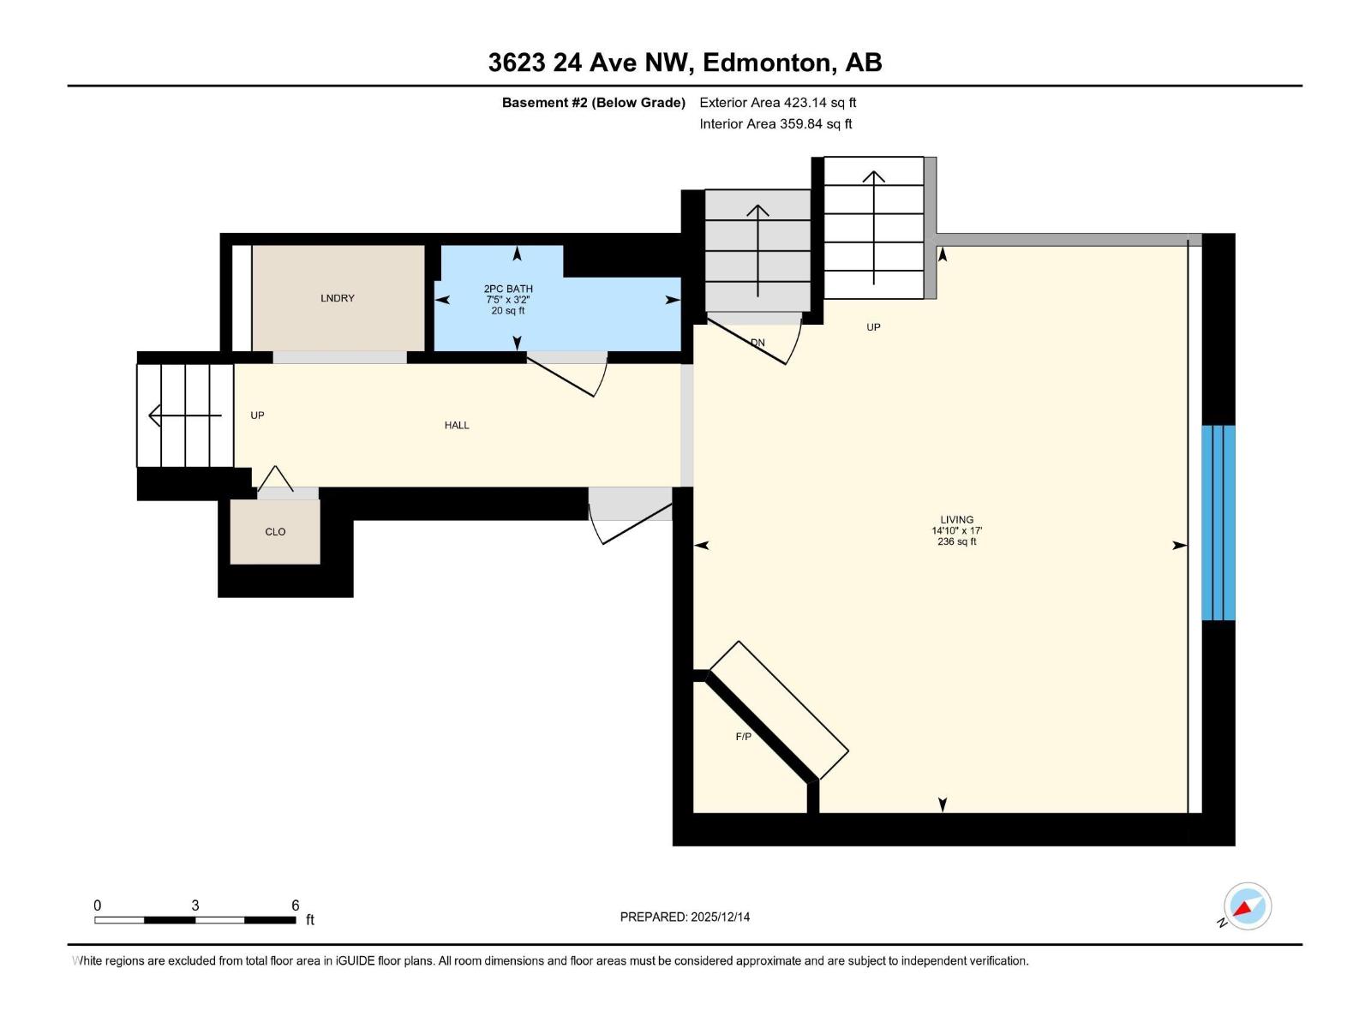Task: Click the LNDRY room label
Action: (x=337, y=298)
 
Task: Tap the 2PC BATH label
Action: (x=508, y=289)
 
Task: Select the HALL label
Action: (x=457, y=425)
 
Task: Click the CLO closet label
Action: (x=275, y=532)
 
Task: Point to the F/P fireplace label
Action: (x=743, y=737)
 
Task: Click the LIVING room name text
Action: (x=956, y=519)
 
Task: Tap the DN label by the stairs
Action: (x=757, y=343)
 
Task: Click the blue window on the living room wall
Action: (x=1218, y=523)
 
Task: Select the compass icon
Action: (x=1247, y=906)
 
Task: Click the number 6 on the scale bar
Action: (x=295, y=905)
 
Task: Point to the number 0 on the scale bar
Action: (x=98, y=905)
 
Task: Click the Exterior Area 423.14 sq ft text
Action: (x=777, y=103)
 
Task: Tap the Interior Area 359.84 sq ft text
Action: (x=775, y=124)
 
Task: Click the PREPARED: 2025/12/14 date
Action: (x=685, y=917)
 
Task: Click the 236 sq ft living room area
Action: (x=956, y=541)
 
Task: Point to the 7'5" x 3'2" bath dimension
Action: (x=508, y=300)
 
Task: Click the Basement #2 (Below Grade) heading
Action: (x=593, y=103)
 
